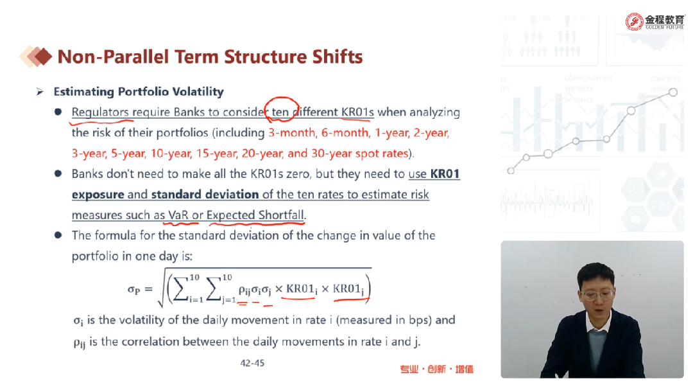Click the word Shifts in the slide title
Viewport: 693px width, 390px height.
tap(338, 57)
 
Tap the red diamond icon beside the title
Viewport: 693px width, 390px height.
tap(43, 57)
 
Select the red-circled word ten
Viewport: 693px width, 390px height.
tap(280, 112)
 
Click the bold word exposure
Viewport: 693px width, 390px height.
tap(98, 194)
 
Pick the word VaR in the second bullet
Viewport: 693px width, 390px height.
tap(178, 215)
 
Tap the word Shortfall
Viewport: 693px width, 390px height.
tap(282, 215)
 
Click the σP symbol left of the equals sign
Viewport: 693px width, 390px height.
tap(133, 290)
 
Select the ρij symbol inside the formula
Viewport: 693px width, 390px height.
tap(244, 290)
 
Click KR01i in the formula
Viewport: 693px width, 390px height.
tap(302, 289)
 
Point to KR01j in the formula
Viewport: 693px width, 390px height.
tap(348, 289)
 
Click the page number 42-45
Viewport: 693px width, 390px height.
tap(252, 363)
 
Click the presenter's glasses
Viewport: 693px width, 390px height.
tap(595, 294)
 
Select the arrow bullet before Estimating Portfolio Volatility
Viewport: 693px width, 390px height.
tap(40, 92)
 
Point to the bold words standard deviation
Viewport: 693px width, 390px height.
tap(205, 194)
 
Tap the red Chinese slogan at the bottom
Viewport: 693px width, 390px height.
tap(437, 369)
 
